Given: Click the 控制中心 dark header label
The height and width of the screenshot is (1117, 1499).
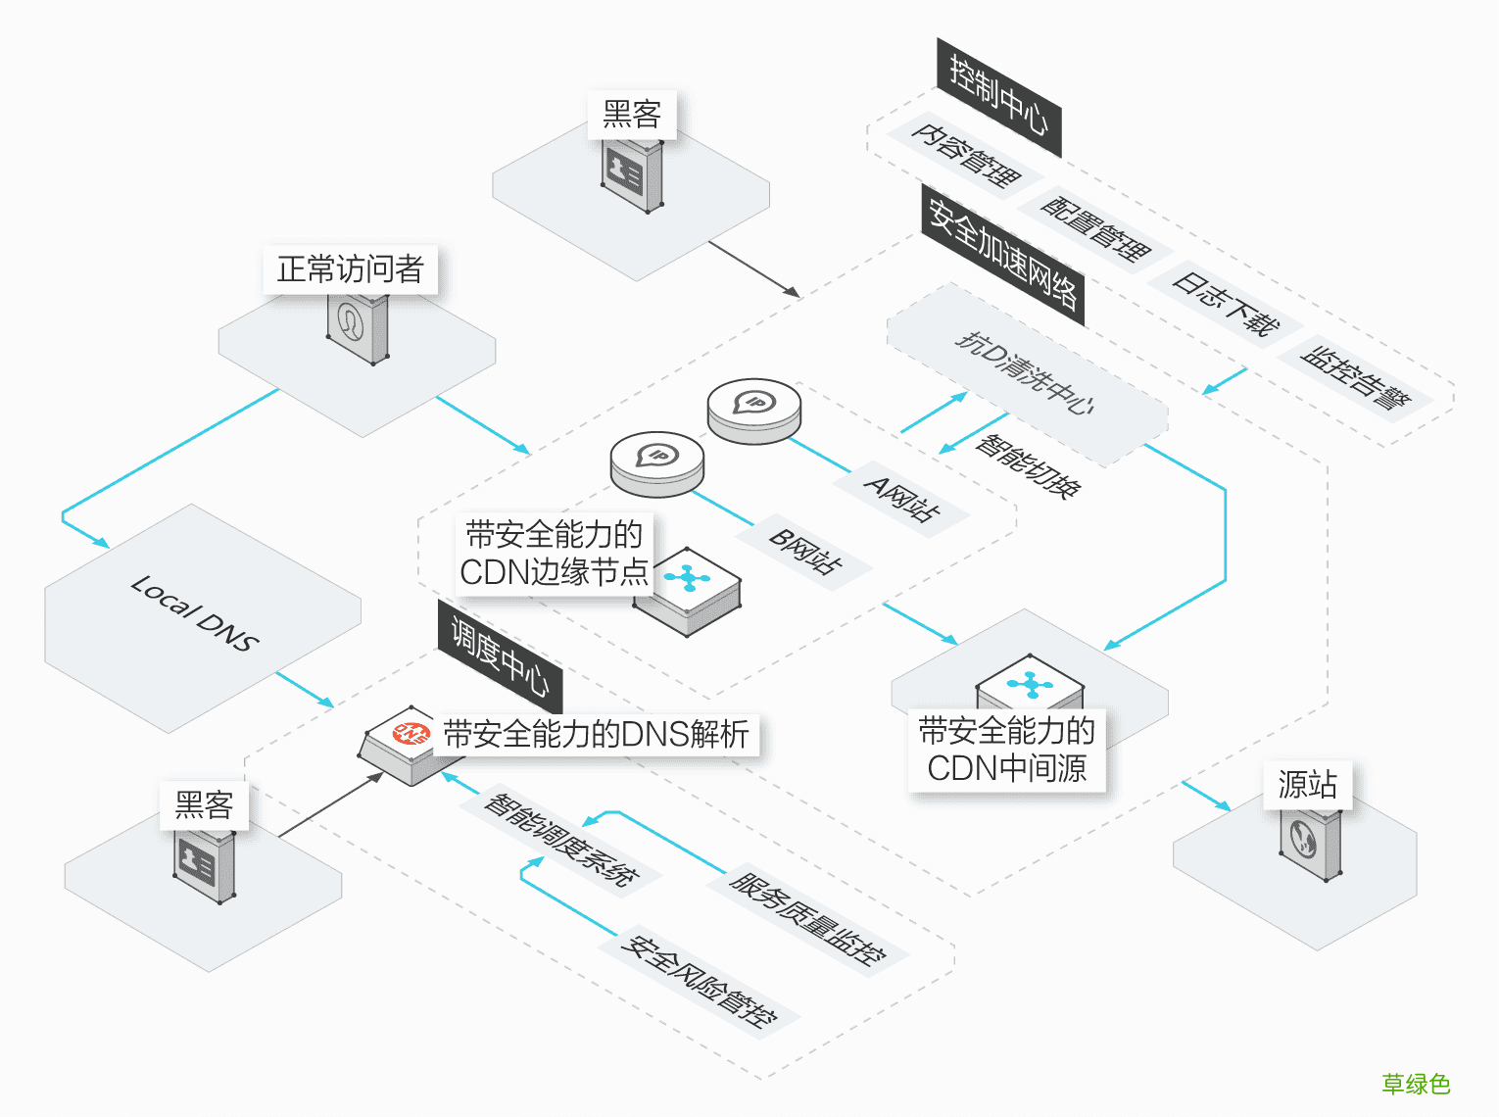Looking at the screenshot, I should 998,97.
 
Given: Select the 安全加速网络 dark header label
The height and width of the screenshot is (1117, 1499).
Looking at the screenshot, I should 1003,254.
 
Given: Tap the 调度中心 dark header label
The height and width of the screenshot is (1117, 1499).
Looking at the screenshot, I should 500,657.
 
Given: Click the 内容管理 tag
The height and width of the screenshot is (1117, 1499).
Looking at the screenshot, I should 965,156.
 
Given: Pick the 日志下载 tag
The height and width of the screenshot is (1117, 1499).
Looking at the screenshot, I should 1225,304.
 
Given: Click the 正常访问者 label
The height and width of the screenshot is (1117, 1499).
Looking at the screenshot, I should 350,269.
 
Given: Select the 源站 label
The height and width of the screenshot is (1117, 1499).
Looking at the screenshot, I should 1307,785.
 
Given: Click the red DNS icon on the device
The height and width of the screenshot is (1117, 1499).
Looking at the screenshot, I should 411,733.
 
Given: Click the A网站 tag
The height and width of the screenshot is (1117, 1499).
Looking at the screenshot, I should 902,500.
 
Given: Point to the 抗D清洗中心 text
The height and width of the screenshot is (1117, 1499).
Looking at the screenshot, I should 1025,371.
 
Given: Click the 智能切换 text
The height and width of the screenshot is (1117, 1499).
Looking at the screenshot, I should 1028,466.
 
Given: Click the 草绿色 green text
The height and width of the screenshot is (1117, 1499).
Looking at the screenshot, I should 1415,1084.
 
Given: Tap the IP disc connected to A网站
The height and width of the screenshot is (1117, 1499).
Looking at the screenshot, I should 754,410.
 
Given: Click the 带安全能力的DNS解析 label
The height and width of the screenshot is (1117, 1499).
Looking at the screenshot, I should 596,734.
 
